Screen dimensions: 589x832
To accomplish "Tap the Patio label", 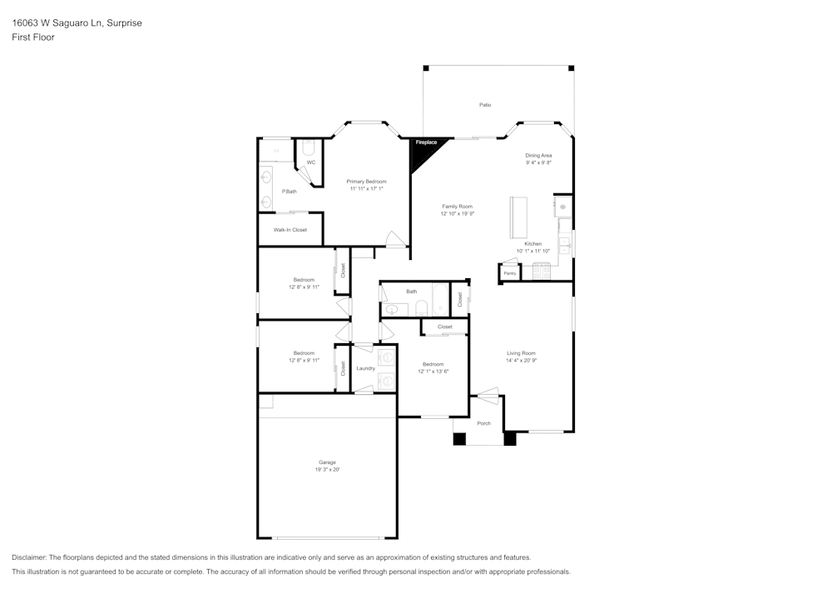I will pos(484,105).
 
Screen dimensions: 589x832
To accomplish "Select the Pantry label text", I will pos(509,273).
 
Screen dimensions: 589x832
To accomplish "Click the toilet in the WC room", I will pos(308,149).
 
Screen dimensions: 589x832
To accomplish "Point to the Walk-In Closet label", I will pos(290,230).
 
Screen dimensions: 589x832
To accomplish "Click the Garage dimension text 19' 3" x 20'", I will pos(326,470).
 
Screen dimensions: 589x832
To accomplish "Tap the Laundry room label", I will pos(365,368).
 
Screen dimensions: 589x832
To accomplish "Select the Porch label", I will pos(483,423).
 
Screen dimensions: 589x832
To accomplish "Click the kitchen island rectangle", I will pos(519,217).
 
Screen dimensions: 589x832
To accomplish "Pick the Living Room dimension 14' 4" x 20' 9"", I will pos(522,361).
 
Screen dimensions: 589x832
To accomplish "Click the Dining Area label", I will pos(538,156).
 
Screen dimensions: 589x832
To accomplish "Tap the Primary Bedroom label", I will pos(366,182).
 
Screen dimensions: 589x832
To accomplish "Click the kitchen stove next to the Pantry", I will pos(542,271).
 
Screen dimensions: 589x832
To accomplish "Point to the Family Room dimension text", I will pos(457,214).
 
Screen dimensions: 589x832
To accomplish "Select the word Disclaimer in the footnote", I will pos(28,557).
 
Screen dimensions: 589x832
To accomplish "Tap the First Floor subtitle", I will pos(33,37).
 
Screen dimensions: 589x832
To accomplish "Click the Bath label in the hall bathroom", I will pos(411,292).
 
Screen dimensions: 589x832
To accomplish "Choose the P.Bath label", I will pos(289,192).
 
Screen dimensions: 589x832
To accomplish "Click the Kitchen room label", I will pos(532,244).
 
